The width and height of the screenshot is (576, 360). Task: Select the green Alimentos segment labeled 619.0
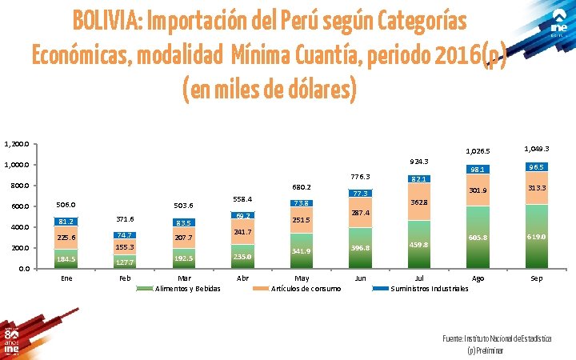click(537, 238)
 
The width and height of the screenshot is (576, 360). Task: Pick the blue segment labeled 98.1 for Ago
click(478, 170)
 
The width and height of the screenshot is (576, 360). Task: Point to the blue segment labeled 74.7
click(124, 235)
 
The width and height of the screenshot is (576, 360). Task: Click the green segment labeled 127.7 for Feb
click(124, 262)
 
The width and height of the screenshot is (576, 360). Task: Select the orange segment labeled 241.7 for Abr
click(242, 232)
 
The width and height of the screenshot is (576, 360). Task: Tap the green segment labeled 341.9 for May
click(301, 251)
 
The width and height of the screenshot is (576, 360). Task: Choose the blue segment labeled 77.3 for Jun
click(360, 194)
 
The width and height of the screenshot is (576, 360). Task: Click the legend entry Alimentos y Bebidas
click(186, 288)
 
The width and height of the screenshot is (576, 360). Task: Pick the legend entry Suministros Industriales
click(429, 288)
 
